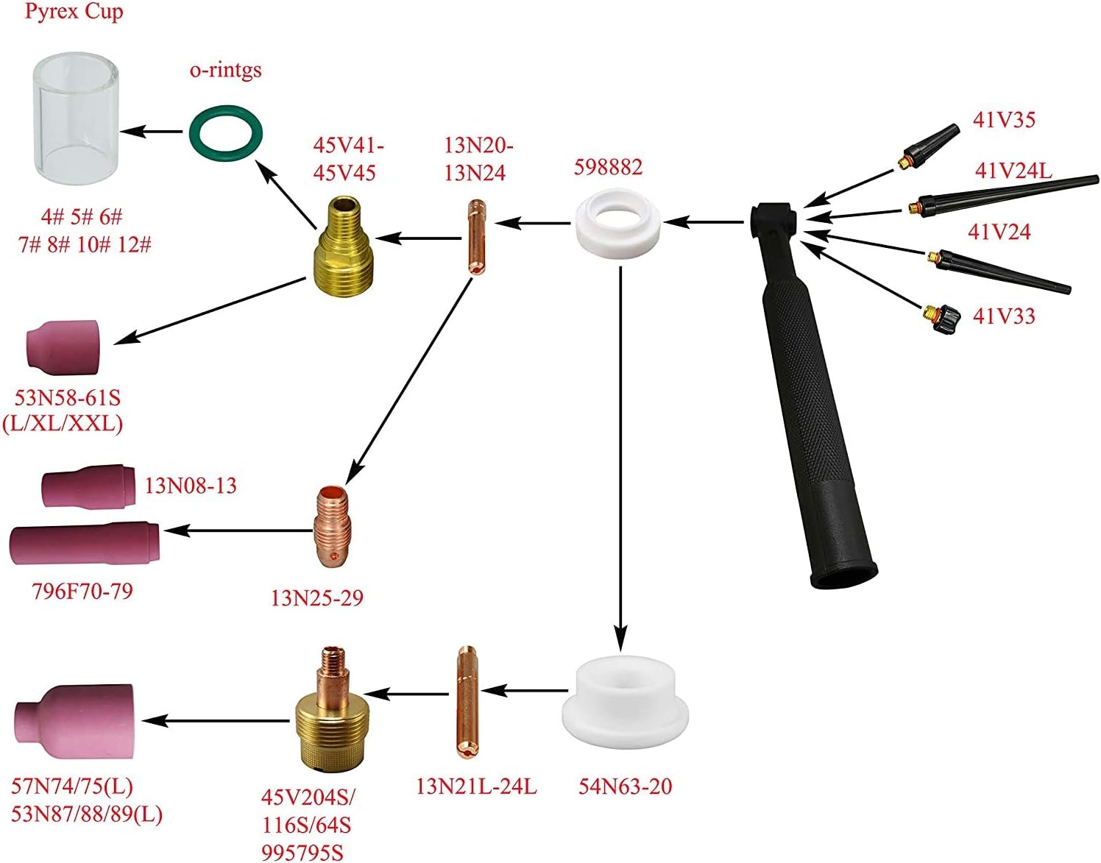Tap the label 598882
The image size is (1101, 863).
pos(608,167)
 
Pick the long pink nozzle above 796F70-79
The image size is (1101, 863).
pos(85,544)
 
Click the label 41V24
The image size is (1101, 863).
pos(999,232)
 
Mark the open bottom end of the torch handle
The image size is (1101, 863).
pos(843,575)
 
